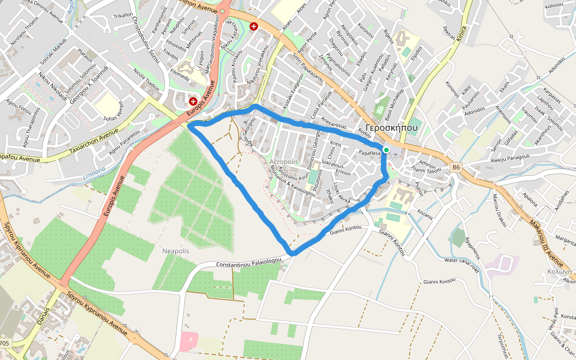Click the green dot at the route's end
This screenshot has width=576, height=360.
pyautogui.click(x=386, y=150)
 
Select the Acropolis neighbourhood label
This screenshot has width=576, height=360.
pyautogui.click(x=284, y=163)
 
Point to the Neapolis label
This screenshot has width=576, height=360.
pyautogui.click(x=176, y=250)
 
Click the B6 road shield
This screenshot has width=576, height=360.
pyautogui.click(x=456, y=167)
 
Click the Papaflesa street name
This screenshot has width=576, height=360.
pyautogui.click(x=370, y=154)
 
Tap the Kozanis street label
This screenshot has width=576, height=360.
pyautogui.click(x=425, y=213)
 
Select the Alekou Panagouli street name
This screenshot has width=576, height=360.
pyautogui.click(x=510, y=158)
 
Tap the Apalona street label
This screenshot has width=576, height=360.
pyautogui.click(x=530, y=197)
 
